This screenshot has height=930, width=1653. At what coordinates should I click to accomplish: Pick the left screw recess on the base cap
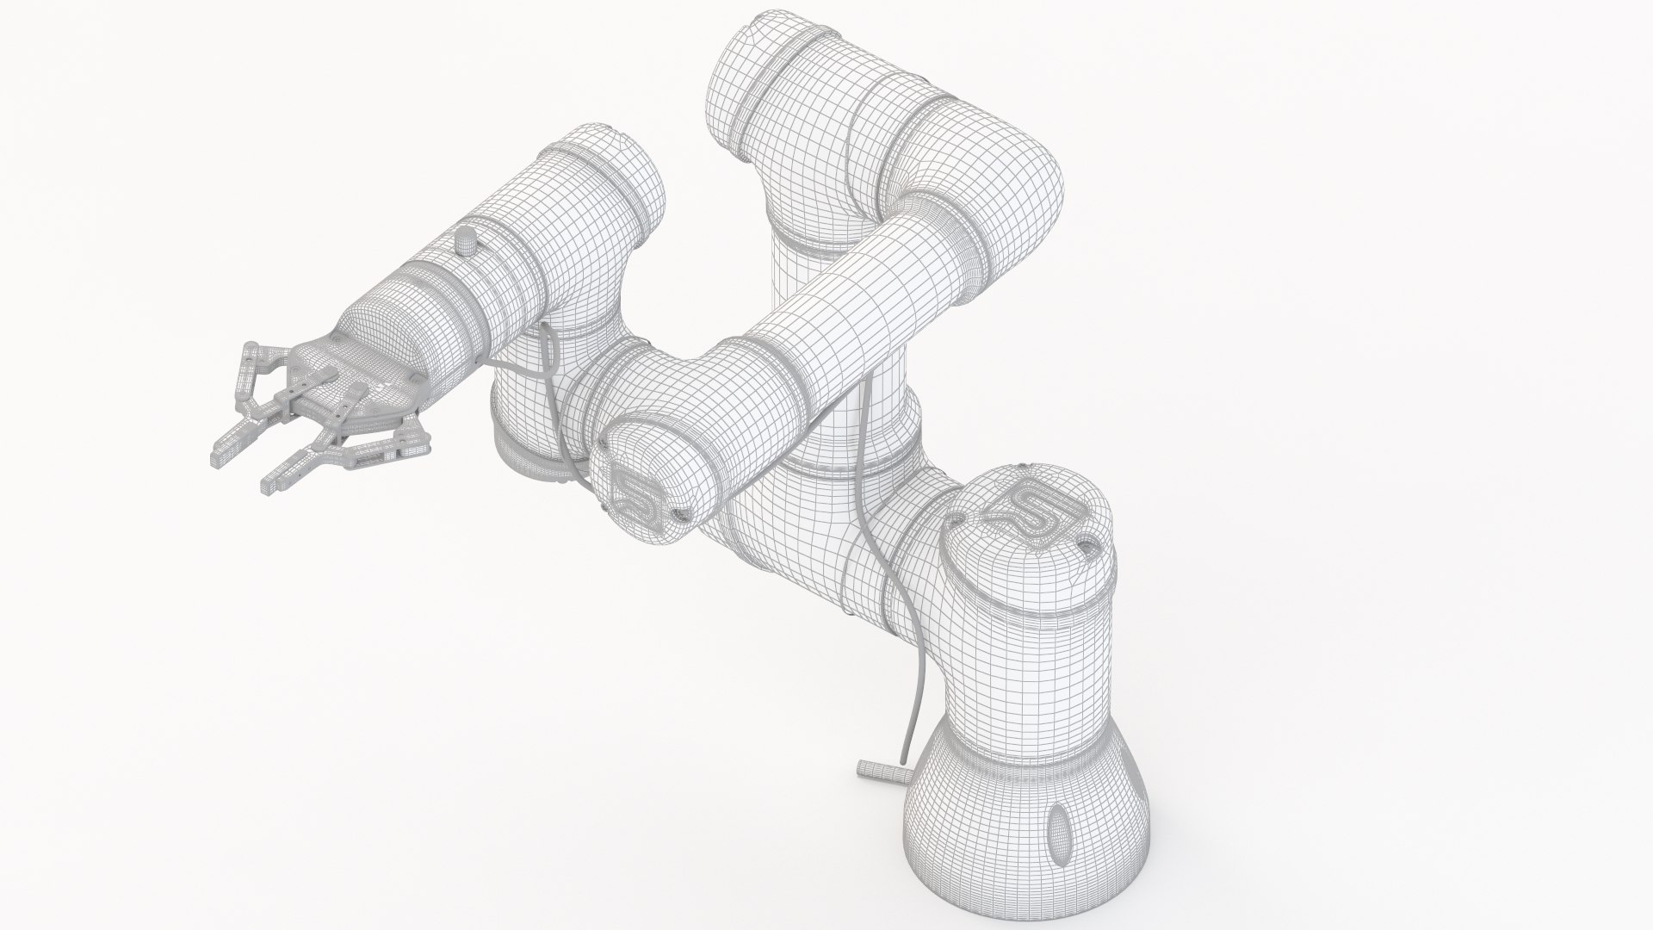pos(957,517)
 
